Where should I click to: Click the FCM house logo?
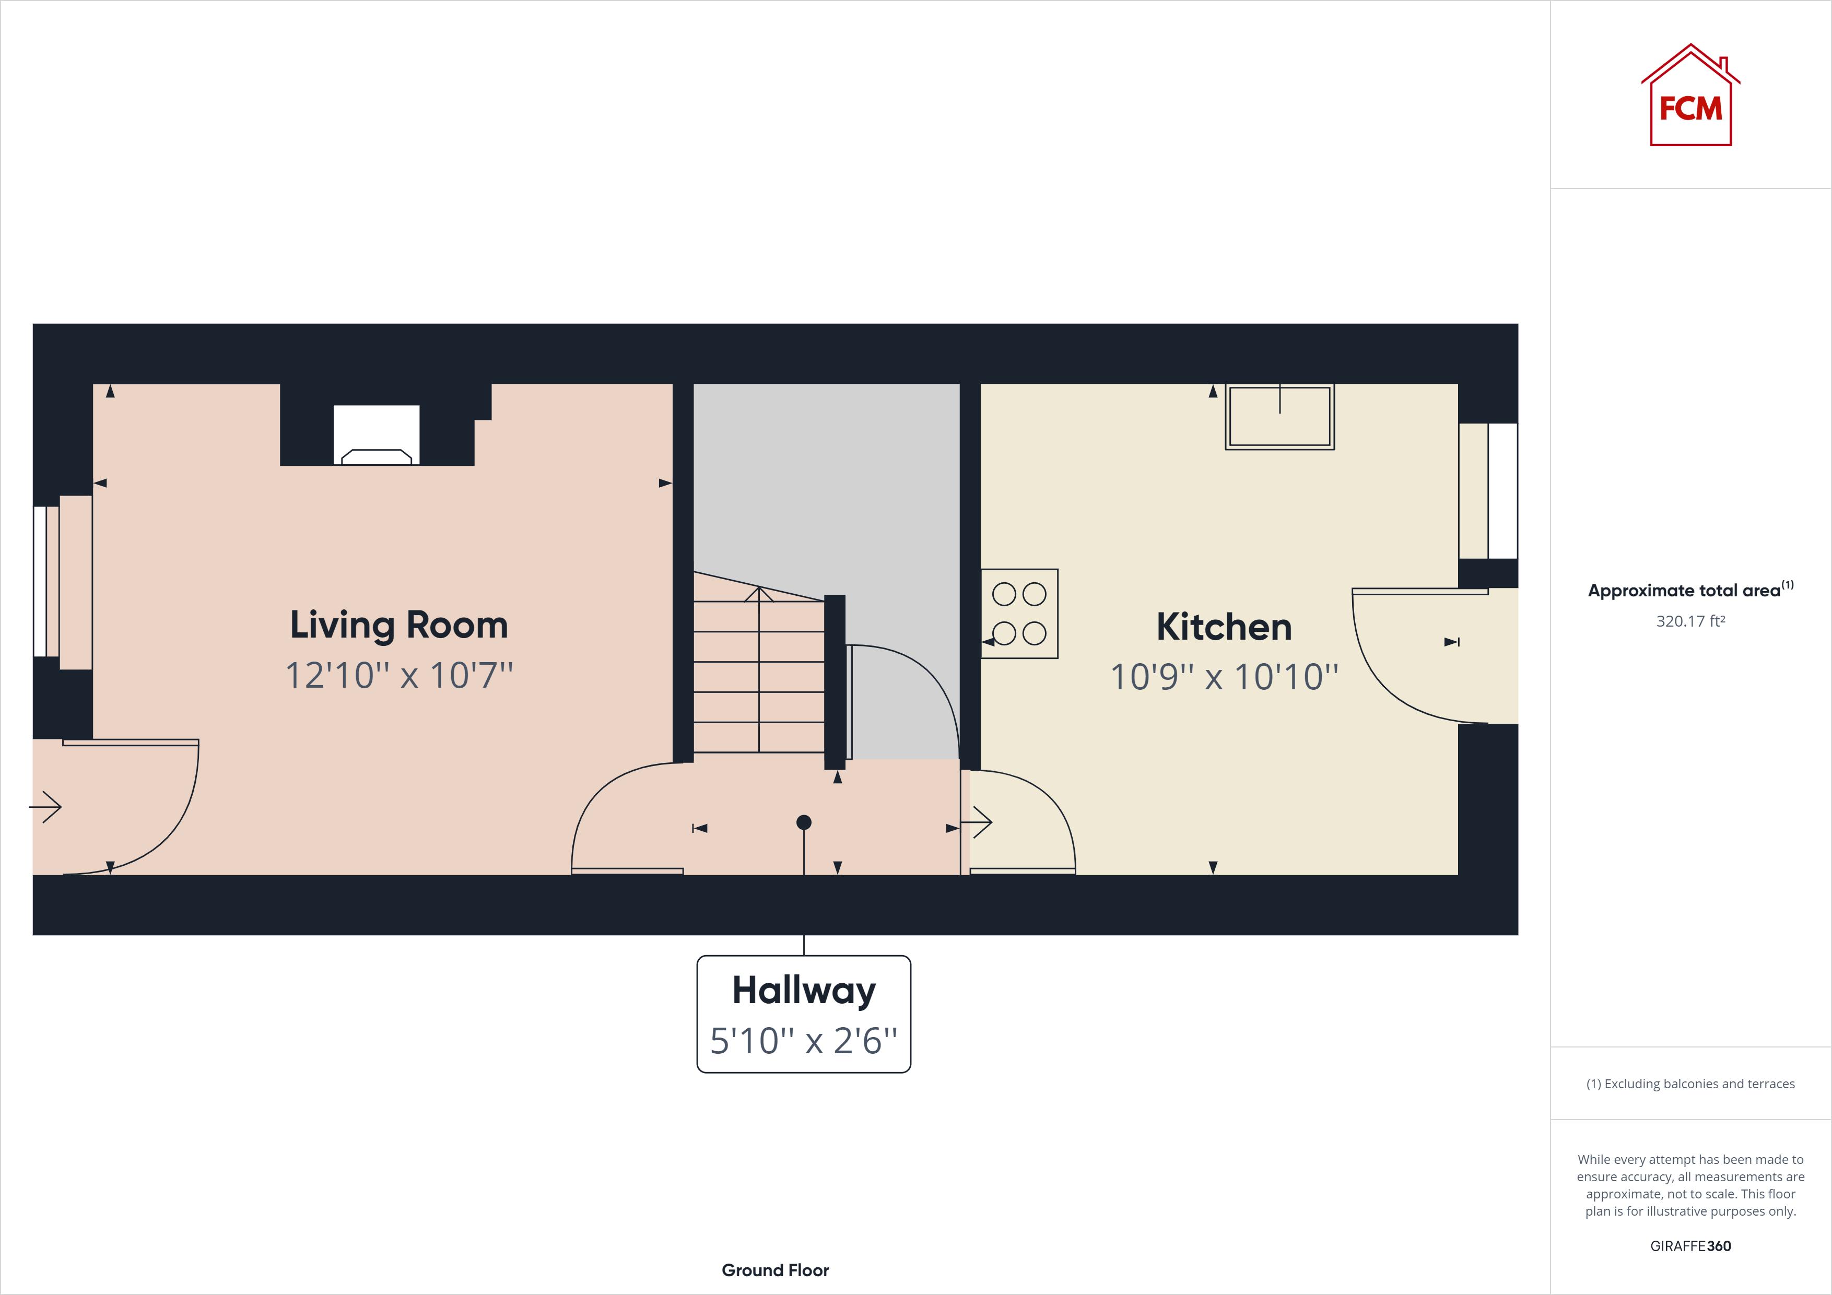pyautogui.click(x=1690, y=97)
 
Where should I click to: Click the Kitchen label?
pyautogui.click(x=1223, y=627)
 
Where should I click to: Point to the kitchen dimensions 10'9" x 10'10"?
pyautogui.click(x=1223, y=677)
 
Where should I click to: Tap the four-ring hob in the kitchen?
pyautogui.click(x=1019, y=614)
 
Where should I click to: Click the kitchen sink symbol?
pyautogui.click(x=1279, y=417)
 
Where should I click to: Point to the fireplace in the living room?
pyautogui.click(x=376, y=435)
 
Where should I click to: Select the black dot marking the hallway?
pyautogui.click(x=804, y=822)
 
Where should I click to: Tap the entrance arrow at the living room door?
pyautogui.click(x=46, y=807)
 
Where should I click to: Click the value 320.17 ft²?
pyautogui.click(x=1690, y=621)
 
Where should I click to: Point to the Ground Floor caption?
pyautogui.click(x=775, y=1269)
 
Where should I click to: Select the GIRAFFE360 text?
pyautogui.click(x=1690, y=1245)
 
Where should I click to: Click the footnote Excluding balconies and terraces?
pyautogui.click(x=1690, y=1084)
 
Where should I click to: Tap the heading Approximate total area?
pyautogui.click(x=1684, y=591)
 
